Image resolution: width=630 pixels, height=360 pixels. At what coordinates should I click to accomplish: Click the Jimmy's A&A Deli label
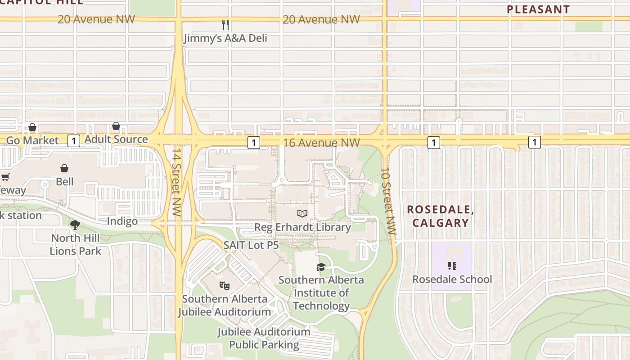(x=225, y=38)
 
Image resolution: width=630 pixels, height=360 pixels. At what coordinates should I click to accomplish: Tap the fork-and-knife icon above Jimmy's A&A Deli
(x=225, y=24)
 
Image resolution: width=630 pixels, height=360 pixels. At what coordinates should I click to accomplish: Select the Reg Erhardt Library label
(x=302, y=227)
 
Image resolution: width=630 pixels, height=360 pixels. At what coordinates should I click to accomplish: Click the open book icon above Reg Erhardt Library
(x=302, y=213)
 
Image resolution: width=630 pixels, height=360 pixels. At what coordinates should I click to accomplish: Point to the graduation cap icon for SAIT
(x=321, y=267)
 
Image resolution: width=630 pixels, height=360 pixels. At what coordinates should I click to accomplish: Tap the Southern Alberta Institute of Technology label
(x=321, y=293)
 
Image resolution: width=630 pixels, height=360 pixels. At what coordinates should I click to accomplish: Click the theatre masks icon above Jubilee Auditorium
(x=224, y=285)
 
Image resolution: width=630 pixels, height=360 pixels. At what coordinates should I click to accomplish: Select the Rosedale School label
(x=452, y=279)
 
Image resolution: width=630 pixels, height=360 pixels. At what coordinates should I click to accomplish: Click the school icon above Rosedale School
(x=452, y=266)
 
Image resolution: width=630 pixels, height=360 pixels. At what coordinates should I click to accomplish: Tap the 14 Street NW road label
(x=176, y=182)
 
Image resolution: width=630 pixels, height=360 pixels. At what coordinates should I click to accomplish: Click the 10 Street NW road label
(x=388, y=202)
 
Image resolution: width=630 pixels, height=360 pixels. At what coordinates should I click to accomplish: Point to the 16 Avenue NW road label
(x=321, y=143)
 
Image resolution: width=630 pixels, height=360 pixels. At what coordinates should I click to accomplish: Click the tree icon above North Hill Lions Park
(x=75, y=225)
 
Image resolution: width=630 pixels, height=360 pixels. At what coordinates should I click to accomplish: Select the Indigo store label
(x=122, y=221)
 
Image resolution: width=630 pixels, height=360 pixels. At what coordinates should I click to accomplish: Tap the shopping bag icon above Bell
(x=64, y=168)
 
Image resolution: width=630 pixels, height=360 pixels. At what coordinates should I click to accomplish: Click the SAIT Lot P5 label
(x=251, y=246)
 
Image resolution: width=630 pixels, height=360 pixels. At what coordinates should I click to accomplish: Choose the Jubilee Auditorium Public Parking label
(x=264, y=338)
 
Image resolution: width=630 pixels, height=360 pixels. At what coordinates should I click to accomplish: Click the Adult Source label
(x=116, y=139)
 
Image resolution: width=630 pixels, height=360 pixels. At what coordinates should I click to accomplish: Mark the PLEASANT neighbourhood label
(x=538, y=9)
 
